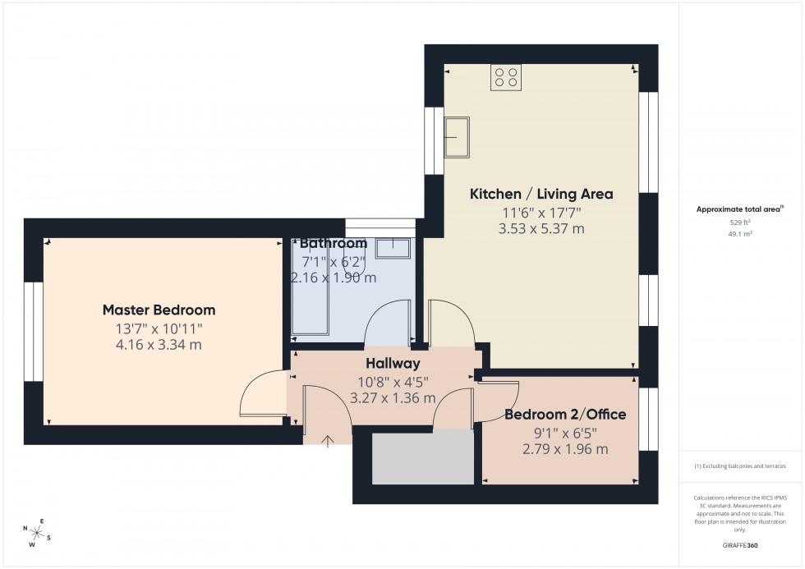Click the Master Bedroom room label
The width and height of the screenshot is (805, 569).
[x=159, y=310]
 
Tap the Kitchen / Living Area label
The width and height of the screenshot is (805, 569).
[x=540, y=194]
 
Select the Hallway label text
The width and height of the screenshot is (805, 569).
[x=393, y=363]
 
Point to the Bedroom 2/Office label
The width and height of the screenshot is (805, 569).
[x=565, y=415]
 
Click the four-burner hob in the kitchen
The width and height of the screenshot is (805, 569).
[x=505, y=77]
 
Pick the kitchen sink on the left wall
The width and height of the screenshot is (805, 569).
[x=457, y=136]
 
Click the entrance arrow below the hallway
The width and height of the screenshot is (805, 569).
[x=327, y=442]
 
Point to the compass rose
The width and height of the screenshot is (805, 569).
[x=37, y=535]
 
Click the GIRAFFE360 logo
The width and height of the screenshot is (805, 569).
[x=740, y=545]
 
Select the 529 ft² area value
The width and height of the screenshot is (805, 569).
[x=740, y=222]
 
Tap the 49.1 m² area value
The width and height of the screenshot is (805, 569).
[x=740, y=234]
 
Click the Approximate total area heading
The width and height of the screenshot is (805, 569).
[x=739, y=209]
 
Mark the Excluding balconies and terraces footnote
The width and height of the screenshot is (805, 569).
[x=740, y=466]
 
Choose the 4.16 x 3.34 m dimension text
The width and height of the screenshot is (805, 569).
[x=159, y=345]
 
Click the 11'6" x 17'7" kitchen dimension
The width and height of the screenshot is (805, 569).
[x=540, y=213]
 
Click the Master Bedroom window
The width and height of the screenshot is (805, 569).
[x=34, y=332]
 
